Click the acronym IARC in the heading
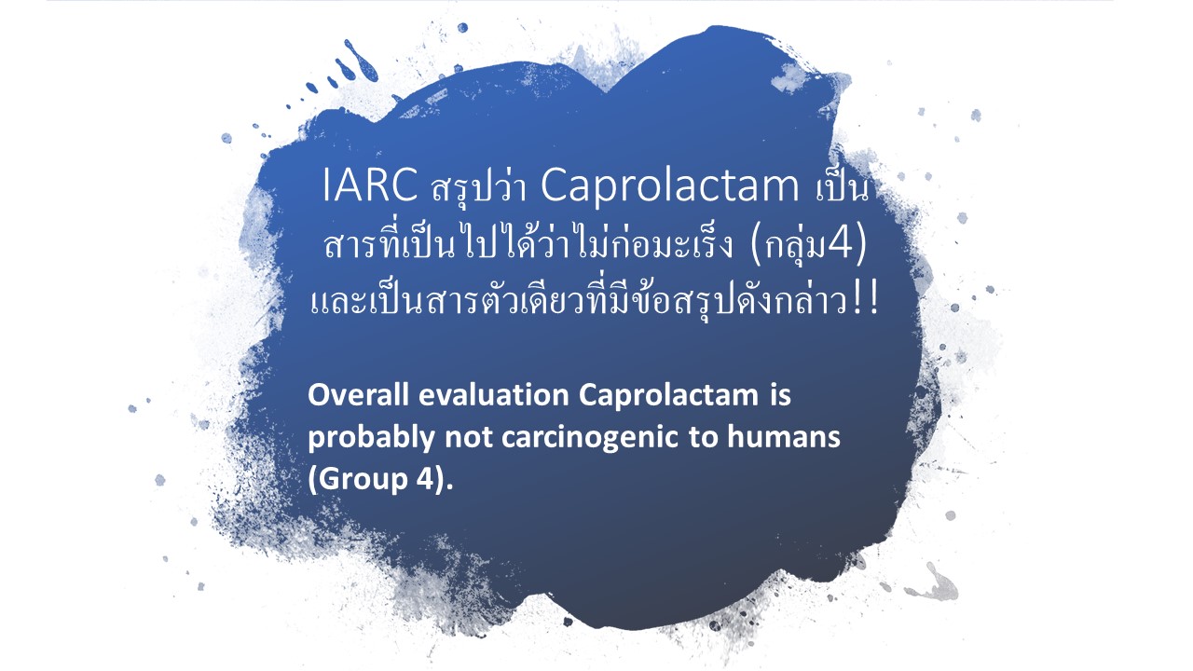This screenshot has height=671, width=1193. point(370,185)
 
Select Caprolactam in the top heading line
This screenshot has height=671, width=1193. point(669,187)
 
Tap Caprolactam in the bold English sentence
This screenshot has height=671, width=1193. point(668,397)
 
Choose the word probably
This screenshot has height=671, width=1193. point(371,439)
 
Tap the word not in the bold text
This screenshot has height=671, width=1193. point(468,438)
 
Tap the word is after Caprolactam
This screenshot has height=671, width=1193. point(779,395)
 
